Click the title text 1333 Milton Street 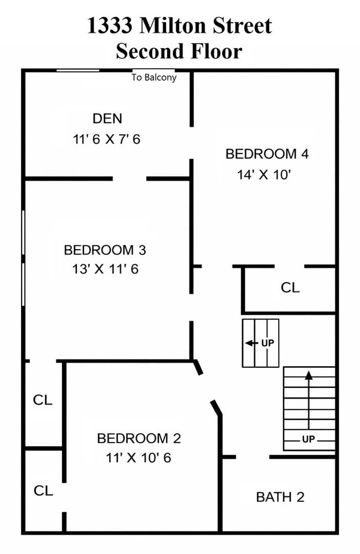pyautogui.click(x=179, y=25)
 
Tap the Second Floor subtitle pyautogui.click(x=179, y=51)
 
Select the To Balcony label pyautogui.click(x=154, y=78)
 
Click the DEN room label pyautogui.click(x=107, y=119)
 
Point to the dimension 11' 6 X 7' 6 pyautogui.click(x=107, y=139)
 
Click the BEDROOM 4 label pyautogui.click(x=267, y=154)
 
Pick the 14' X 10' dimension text pyautogui.click(x=264, y=175)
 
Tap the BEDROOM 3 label pyautogui.click(x=105, y=250)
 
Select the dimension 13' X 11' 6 pyautogui.click(x=105, y=269)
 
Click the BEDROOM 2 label pyautogui.click(x=139, y=438)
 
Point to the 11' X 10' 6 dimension pyautogui.click(x=138, y=458)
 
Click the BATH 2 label pyautogui.click(x=280, y=497)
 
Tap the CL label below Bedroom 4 pyautogui.click(x=290, y=288)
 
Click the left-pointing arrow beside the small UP pyautogui.click(x=251, y=343)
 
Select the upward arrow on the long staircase pyautogui.click(x=309, y=400)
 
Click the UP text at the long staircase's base pyautogui.click(x=308, y=439)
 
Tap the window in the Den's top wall pyautogui.click(x=78, y=71)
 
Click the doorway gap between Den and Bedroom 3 pyautogui.click(x=130, y=178)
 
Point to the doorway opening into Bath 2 pyautogui.click(x=253, y=457)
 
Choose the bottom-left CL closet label pyautogui.click(x=43, y=490)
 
